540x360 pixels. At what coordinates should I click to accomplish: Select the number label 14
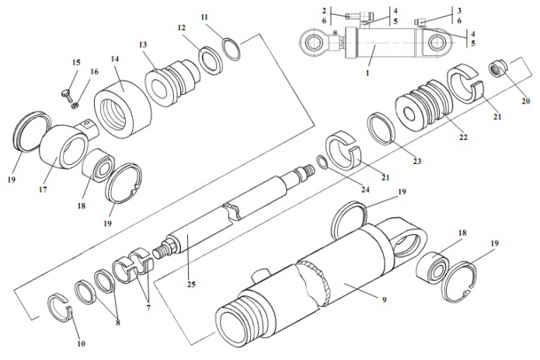point(114,59)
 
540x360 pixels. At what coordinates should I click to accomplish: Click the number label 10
point(80,343)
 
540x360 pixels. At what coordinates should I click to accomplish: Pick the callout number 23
point(416,162)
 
